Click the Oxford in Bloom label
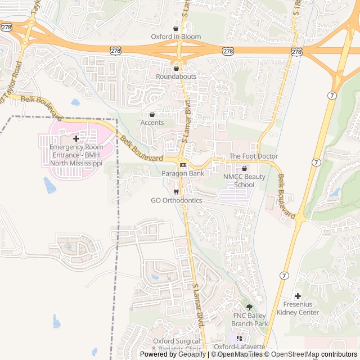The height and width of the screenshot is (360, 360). click(175, 37)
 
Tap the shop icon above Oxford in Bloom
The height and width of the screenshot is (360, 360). click(175, 28)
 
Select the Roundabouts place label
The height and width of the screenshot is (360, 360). click(175, 76)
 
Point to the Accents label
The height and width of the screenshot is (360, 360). click(152, 123)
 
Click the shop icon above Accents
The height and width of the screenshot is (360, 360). click(152, 114)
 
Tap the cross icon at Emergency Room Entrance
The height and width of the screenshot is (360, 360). click(76, 138)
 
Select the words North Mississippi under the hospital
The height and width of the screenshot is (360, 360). click(76, 163)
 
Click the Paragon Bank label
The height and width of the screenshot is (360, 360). click(183, 173)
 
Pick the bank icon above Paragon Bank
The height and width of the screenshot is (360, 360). click(183, 165)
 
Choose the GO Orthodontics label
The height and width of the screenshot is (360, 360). click(176, 200)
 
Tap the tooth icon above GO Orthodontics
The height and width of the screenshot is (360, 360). click(176, 192)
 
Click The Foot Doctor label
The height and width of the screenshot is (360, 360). click(253, 156)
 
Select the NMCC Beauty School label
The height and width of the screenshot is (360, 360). click(244, 181)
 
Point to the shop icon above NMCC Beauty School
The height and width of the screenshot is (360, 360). click(244, 168)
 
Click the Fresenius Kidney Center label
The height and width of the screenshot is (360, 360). click(298, 308)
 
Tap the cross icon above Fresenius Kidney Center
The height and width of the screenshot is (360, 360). click(298, 296)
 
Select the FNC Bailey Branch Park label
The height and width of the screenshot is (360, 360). click(250, 319)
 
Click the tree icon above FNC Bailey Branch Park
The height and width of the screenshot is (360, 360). click(250, 307)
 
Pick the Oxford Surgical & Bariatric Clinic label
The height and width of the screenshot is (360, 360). click(177, 345)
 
